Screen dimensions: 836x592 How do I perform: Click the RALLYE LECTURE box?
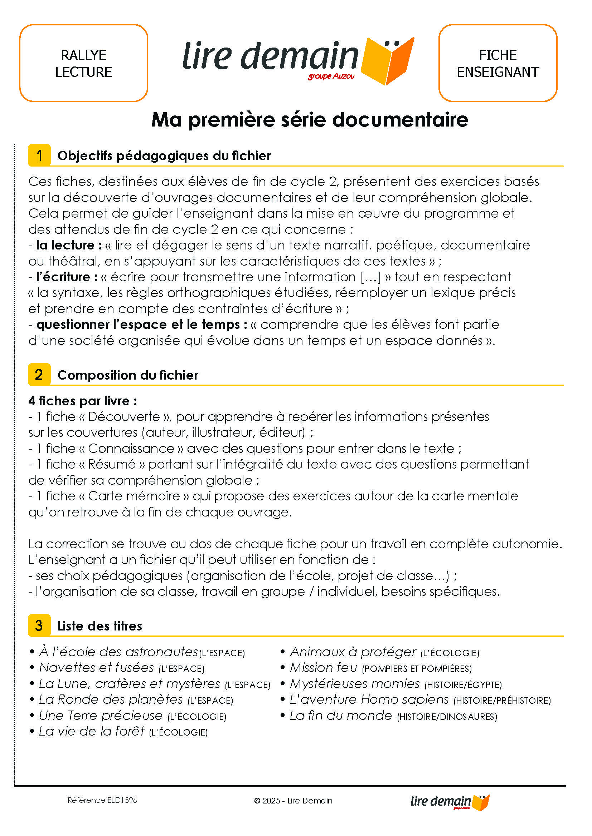(83, 63)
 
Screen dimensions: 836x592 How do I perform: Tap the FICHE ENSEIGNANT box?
(498, 63)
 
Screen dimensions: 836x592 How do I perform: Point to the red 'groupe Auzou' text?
(331, 76)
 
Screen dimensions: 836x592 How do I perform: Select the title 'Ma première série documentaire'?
(310, 119)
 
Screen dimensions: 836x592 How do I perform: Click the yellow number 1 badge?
(39, 155)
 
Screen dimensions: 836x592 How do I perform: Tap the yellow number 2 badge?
(39, 375)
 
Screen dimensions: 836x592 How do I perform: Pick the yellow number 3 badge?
(39, 625)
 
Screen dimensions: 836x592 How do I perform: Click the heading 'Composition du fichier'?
(127, 375)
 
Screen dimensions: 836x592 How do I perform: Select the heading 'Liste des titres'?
(100, 626)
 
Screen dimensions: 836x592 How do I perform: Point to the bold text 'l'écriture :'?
(67, 277)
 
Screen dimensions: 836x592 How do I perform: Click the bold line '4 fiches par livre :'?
(83, 401)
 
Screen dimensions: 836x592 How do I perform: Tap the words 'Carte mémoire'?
(134, 496)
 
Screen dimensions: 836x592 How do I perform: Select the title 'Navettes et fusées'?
(97, 668)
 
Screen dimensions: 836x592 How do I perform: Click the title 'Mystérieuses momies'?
(355, 684)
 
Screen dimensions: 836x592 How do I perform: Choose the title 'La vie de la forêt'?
(92, 731)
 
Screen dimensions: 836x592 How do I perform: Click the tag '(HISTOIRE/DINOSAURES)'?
(447, 717)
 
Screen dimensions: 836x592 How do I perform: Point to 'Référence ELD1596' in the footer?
(102, 800)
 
